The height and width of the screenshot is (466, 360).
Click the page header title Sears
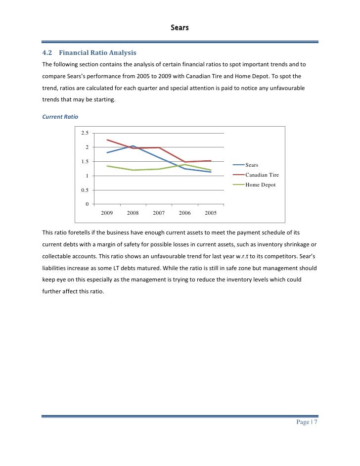180,28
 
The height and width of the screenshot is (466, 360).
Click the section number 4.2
48,53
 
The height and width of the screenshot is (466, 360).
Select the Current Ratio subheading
60,117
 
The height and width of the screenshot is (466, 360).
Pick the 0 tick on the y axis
87,204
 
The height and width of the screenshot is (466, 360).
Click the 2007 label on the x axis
159,213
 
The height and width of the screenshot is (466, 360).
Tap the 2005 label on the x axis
211,213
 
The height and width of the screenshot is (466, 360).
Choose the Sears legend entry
252,165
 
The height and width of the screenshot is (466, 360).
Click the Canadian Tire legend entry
262,175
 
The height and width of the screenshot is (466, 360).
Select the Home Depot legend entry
261,185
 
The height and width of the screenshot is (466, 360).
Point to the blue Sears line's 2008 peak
133,146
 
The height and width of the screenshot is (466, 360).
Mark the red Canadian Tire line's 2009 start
107,140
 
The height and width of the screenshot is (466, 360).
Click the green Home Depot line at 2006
185,165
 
